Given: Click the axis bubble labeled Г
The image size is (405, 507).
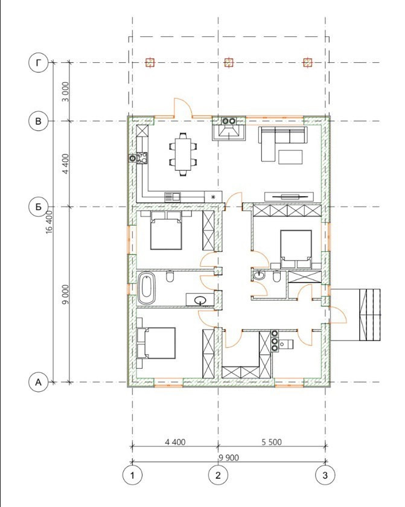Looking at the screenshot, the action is coord(39,63).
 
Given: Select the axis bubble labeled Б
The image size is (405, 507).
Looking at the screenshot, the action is coord(39,206).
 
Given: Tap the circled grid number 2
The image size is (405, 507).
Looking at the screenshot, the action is coord(218,475).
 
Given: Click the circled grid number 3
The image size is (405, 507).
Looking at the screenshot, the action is coord(325,475).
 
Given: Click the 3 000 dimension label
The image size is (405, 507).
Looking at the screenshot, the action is coord(66,92).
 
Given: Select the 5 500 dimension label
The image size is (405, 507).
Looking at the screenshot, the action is coord(272,442).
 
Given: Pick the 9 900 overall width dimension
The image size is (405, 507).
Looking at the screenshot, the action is coord(229,458).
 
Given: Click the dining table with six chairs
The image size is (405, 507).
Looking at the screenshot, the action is coord(183,155).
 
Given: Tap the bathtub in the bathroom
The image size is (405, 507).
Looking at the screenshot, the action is coord(147,288).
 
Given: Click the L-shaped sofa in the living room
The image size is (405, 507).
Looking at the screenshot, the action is coord(282,144).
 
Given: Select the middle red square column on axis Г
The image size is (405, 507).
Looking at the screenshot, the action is coord(229,62).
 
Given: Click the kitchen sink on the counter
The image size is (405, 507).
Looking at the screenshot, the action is coord(173,197).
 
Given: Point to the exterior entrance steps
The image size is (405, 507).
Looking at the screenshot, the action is coord(370,315).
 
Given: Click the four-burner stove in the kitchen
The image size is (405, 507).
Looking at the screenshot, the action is coord(142,158).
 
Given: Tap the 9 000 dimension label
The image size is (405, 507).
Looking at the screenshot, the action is coord(66,295).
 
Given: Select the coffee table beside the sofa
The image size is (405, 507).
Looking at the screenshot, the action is coord(290,157).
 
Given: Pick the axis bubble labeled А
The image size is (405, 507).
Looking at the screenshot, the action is coord(39,382).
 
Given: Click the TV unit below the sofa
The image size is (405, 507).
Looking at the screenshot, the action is coord(289,197).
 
